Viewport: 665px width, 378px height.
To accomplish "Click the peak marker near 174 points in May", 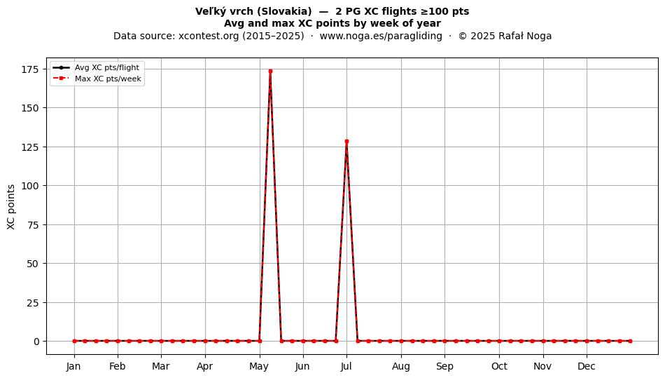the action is pyautogui.click(x=270, y=71).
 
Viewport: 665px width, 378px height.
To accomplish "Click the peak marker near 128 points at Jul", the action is pyautogui.click(x=346, y=142).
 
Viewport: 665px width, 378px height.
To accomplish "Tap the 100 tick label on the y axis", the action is pyautogui.click(x=30, y=186).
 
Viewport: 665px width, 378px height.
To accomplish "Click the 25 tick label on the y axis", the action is pyautogui.click(x=33, y=302).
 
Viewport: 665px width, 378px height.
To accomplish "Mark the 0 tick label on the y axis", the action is pyautogui.click(x=36, y=342).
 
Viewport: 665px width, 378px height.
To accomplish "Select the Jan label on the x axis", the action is pyautogui.click(x=73, y=366).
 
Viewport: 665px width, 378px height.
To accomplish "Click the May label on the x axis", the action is pyautogui.click(x=259, y=366).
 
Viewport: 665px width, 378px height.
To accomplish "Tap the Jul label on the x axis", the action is pyautogui.click(x=346, y=366).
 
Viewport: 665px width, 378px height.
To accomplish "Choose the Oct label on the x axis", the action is pyautogui.click(x=500, y=366).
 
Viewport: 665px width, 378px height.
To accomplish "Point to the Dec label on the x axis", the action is pyautogui.click(x=587, y=366).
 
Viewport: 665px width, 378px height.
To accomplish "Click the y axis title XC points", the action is pyautogui.click(x=11, y=207).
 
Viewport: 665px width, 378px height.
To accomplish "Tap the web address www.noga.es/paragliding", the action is pyautogui.click(x=381, y=36).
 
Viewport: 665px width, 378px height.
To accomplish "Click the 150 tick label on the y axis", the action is pyautogui.click(x=30, y=108).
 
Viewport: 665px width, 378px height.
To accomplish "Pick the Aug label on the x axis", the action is pyautogui.click(x=401, y=366).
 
